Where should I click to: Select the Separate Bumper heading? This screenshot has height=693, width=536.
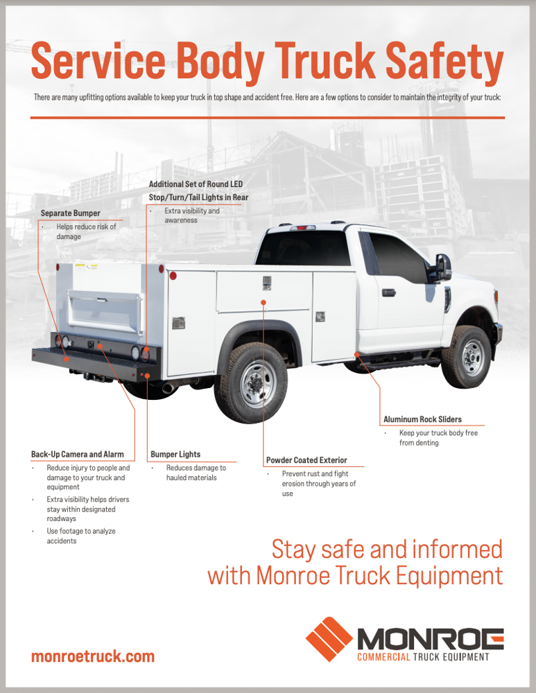coord(70,213)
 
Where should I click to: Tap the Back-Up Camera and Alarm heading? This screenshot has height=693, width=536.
coord(78,455)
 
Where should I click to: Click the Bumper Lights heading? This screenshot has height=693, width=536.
coord(175,455)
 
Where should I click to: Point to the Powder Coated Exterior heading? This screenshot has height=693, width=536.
coord(306,460)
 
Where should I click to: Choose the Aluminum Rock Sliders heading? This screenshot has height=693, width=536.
coord(422,419)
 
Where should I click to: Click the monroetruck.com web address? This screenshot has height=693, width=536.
coord(93,656)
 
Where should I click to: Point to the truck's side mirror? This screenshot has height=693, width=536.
coord(442,267)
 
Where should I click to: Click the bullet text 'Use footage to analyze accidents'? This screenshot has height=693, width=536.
coord(80,536)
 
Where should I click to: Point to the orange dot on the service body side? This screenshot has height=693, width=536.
coord(263,302)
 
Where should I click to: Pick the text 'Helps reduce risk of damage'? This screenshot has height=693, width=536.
coord(85,231)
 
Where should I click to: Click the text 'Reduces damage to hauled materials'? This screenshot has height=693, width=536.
coord(196,473)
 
